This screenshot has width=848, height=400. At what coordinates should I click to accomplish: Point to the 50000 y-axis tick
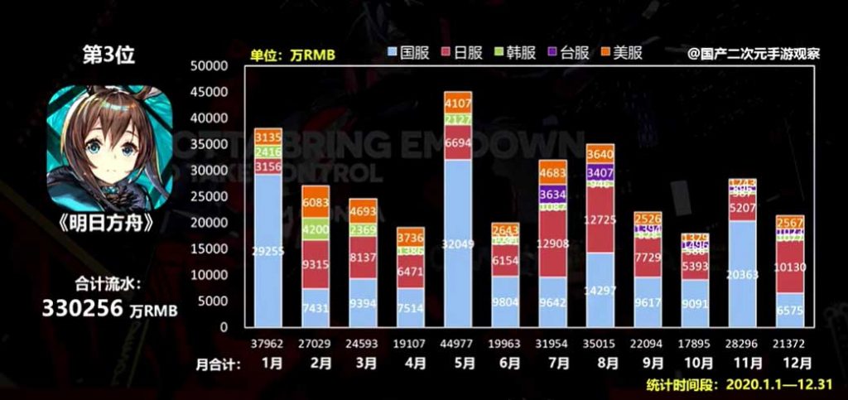209,66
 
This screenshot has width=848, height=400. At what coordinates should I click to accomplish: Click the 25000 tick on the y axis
209,197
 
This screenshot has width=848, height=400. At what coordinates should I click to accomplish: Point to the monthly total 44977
458,340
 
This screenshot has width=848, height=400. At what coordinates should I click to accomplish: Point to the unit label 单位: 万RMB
293,55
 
